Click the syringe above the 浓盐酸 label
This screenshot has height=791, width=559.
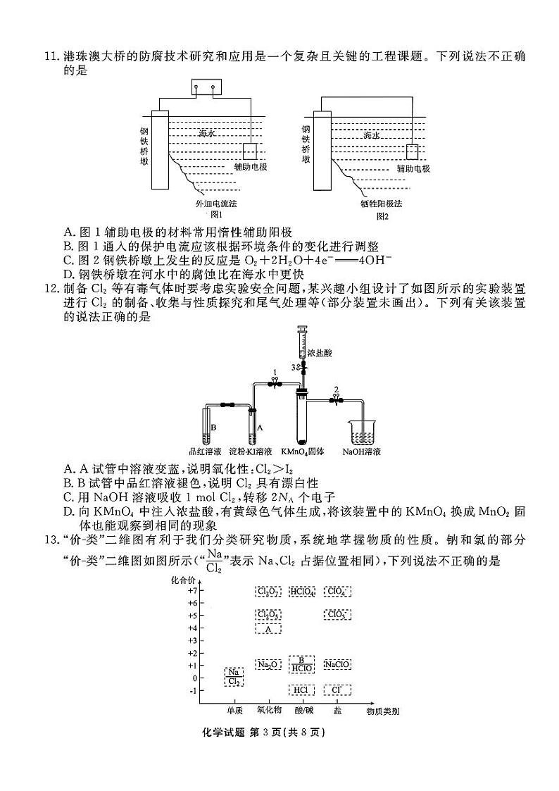[303, 342]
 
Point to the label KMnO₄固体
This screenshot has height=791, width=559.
[302, 451]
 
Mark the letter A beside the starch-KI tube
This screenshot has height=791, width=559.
[260, 428]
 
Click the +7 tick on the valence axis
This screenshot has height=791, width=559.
[192, 590]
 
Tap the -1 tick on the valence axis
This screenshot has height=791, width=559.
[192, 690]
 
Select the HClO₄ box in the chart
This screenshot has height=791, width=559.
[301, 591]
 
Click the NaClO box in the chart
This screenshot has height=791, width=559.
[337, 664]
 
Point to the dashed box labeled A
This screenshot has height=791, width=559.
[268, 628]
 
